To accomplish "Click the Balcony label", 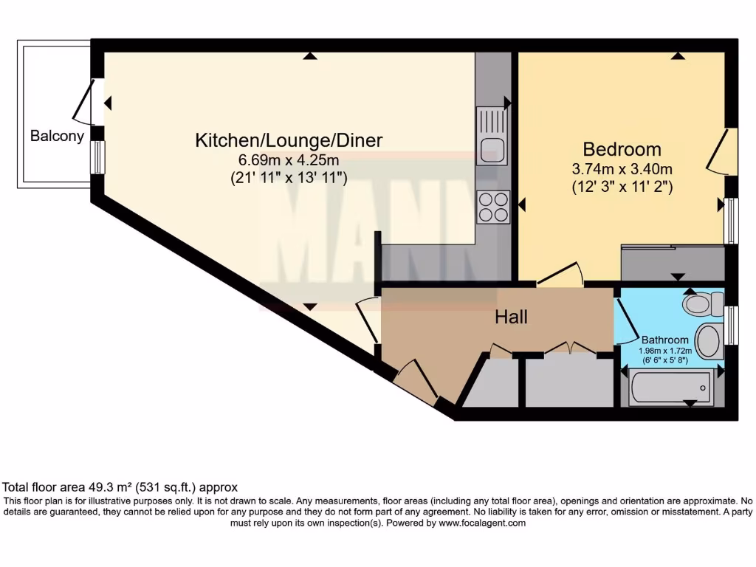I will coord(57,136).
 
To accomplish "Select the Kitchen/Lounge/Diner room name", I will coord(289,140).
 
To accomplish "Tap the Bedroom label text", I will coord(622,149).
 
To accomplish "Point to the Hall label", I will coord(511,317).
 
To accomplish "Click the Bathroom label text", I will coord(664,340).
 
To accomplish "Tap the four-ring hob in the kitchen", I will coord(494,206).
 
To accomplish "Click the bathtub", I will coord(670,388).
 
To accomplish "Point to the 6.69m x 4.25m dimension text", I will coord(288,159).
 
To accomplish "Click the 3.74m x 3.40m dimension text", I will coord(622,168).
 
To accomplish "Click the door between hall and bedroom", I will coord(559,275).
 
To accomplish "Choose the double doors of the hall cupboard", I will coord(568,348).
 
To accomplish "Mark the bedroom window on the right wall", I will coord(730,220).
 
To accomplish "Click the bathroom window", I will coord(731,325).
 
